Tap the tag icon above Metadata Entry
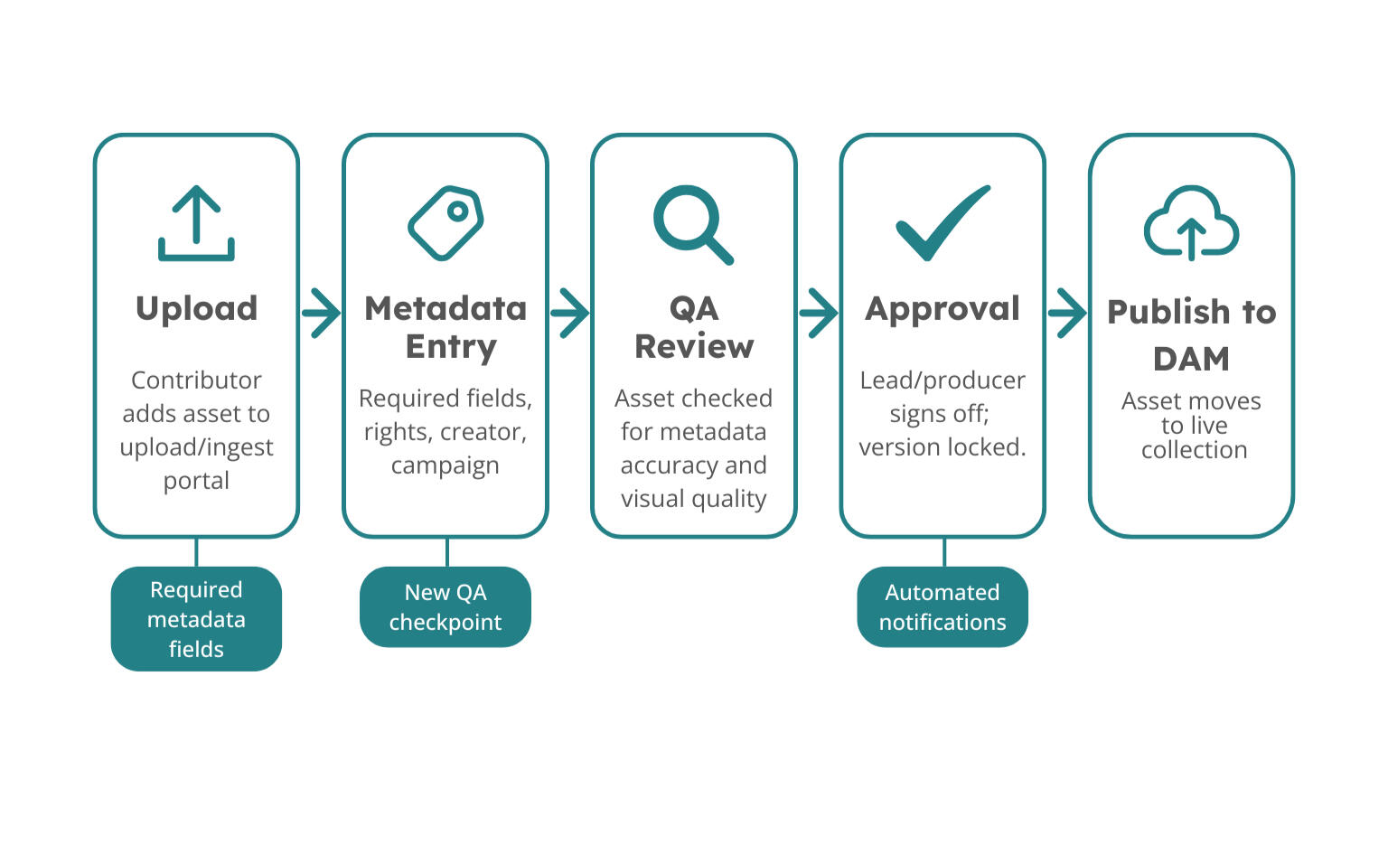[445, 222]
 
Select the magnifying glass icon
[692, 224]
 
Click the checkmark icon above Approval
[943, 222]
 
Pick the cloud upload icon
[1191, 223]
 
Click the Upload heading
[196, 308]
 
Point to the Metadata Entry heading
[445, 327]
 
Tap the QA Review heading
[694, 327]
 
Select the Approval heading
[943, 308]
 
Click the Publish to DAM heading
[1191, 334]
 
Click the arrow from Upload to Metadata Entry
[321, 313]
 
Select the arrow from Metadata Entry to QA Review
[569, 313]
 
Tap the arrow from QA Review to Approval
[819, 313]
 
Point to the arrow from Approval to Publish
[1067, 313]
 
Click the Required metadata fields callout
[196, 619]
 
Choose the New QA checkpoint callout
[445, 606]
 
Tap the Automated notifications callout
[943, 606]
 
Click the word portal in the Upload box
[196, 481]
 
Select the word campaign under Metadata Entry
[445, 465]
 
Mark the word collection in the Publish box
[1194, 450]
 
